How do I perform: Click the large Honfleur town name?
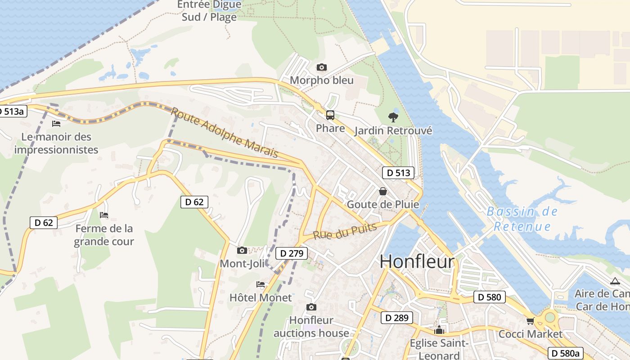[x=417, y=261]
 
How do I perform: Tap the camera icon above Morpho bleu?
[x=321, y=67]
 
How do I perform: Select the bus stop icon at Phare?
[x=330, y=115]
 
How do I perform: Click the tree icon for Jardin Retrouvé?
[x=393, y=117]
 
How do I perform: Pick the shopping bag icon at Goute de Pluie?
[x=382, y=191]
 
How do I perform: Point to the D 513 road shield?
[x=398, y=173]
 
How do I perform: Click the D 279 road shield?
[x=292, y=253]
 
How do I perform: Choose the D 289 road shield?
[x=396, y=318]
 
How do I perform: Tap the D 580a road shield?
[x=565, y=353]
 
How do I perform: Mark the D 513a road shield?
[x=13, y=111]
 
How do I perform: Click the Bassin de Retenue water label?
[x=522, y=219]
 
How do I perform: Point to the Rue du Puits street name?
[x=344, y=231]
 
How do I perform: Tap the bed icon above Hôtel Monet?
[x=261, y=284]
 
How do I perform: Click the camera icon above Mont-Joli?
[x=242, y=250]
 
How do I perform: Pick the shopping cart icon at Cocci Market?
[x=530, y=321]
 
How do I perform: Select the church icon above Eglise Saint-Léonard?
[x=439, y=330]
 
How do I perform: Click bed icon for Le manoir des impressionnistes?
[x=56, y=123]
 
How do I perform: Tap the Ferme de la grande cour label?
[x=104, y=235]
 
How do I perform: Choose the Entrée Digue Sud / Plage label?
[x=209, y=11]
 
